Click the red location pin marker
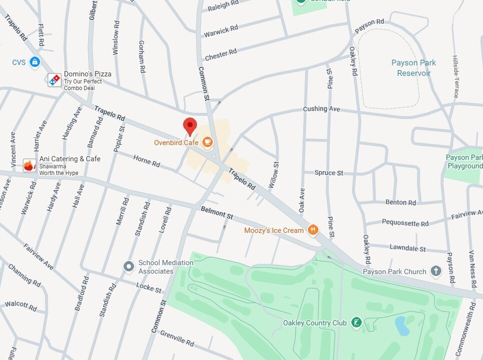190,126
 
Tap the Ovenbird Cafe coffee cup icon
207,143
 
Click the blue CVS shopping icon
34,62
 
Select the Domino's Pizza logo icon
54,80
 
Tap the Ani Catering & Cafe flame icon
30,165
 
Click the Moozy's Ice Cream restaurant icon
313,230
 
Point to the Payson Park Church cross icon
436,271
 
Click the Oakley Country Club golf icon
356,322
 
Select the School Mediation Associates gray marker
129,266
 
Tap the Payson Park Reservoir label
413,68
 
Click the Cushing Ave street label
321,109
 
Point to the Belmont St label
217,213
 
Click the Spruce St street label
328,173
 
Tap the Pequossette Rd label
405,223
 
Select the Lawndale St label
407,248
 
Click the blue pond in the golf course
402,325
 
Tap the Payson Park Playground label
464,161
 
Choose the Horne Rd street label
146,161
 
